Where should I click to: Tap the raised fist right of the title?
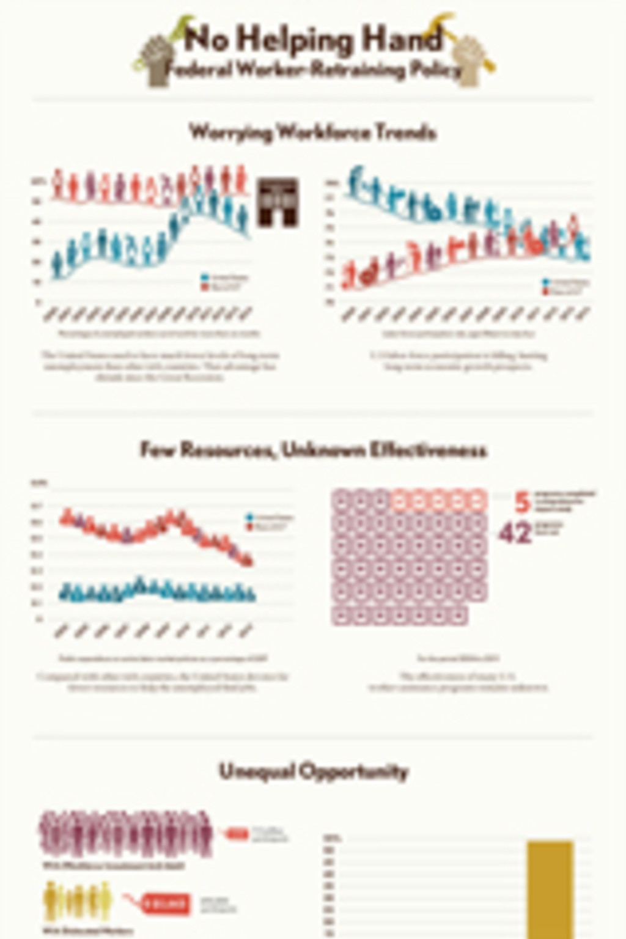[x=469, y=60]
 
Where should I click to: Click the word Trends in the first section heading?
[x=406, y=132]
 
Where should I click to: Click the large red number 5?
[x=521, y=503]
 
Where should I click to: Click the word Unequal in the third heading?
[x=249, y=771]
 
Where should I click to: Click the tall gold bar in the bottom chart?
[x=550, y=889]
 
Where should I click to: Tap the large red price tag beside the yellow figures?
[x=166, y=904]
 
